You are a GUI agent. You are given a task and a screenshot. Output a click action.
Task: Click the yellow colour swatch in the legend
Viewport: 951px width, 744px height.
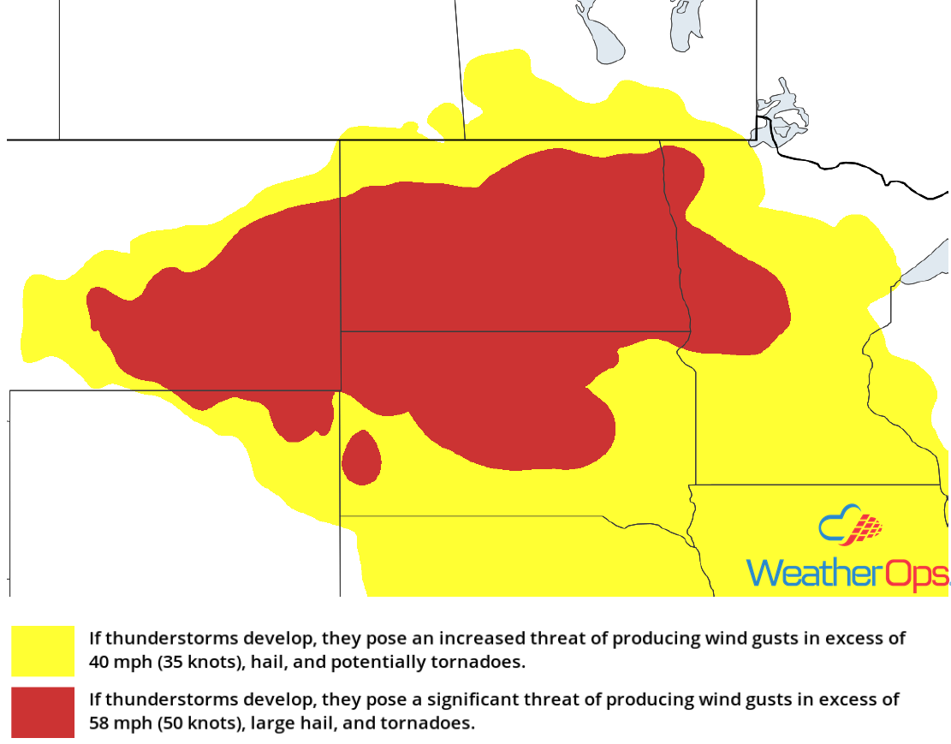click(x=43, y=651)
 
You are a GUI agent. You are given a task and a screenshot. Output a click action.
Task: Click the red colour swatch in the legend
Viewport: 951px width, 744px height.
click(x=43, y=711)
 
